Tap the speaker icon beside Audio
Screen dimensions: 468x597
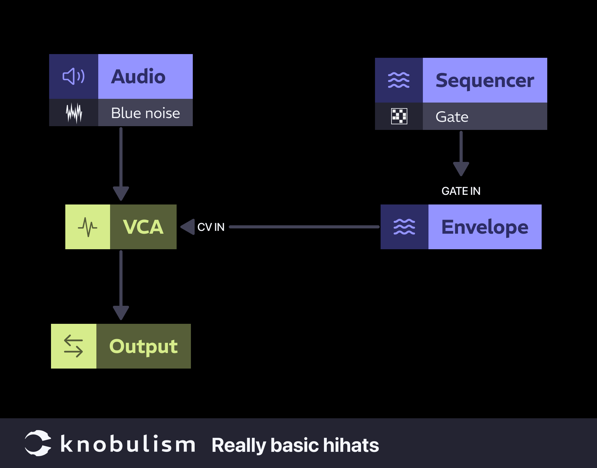74,76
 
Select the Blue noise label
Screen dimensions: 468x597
145,113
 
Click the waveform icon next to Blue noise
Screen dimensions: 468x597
74,113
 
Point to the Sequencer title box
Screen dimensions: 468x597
484,80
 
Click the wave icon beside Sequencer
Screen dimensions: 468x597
399,80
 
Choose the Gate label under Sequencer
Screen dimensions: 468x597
452,117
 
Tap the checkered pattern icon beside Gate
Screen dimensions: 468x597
399,116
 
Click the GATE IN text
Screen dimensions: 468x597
461,191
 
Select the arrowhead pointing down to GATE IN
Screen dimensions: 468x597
461,169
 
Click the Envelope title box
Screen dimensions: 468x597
484,227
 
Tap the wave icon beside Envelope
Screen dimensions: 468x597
404,227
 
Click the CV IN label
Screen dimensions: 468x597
211,227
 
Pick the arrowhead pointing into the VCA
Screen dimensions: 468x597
188,227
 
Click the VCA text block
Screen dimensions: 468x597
143,227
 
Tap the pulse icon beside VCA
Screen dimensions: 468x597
87,227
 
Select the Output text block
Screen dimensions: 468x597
143,346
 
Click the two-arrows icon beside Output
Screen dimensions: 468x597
73,346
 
